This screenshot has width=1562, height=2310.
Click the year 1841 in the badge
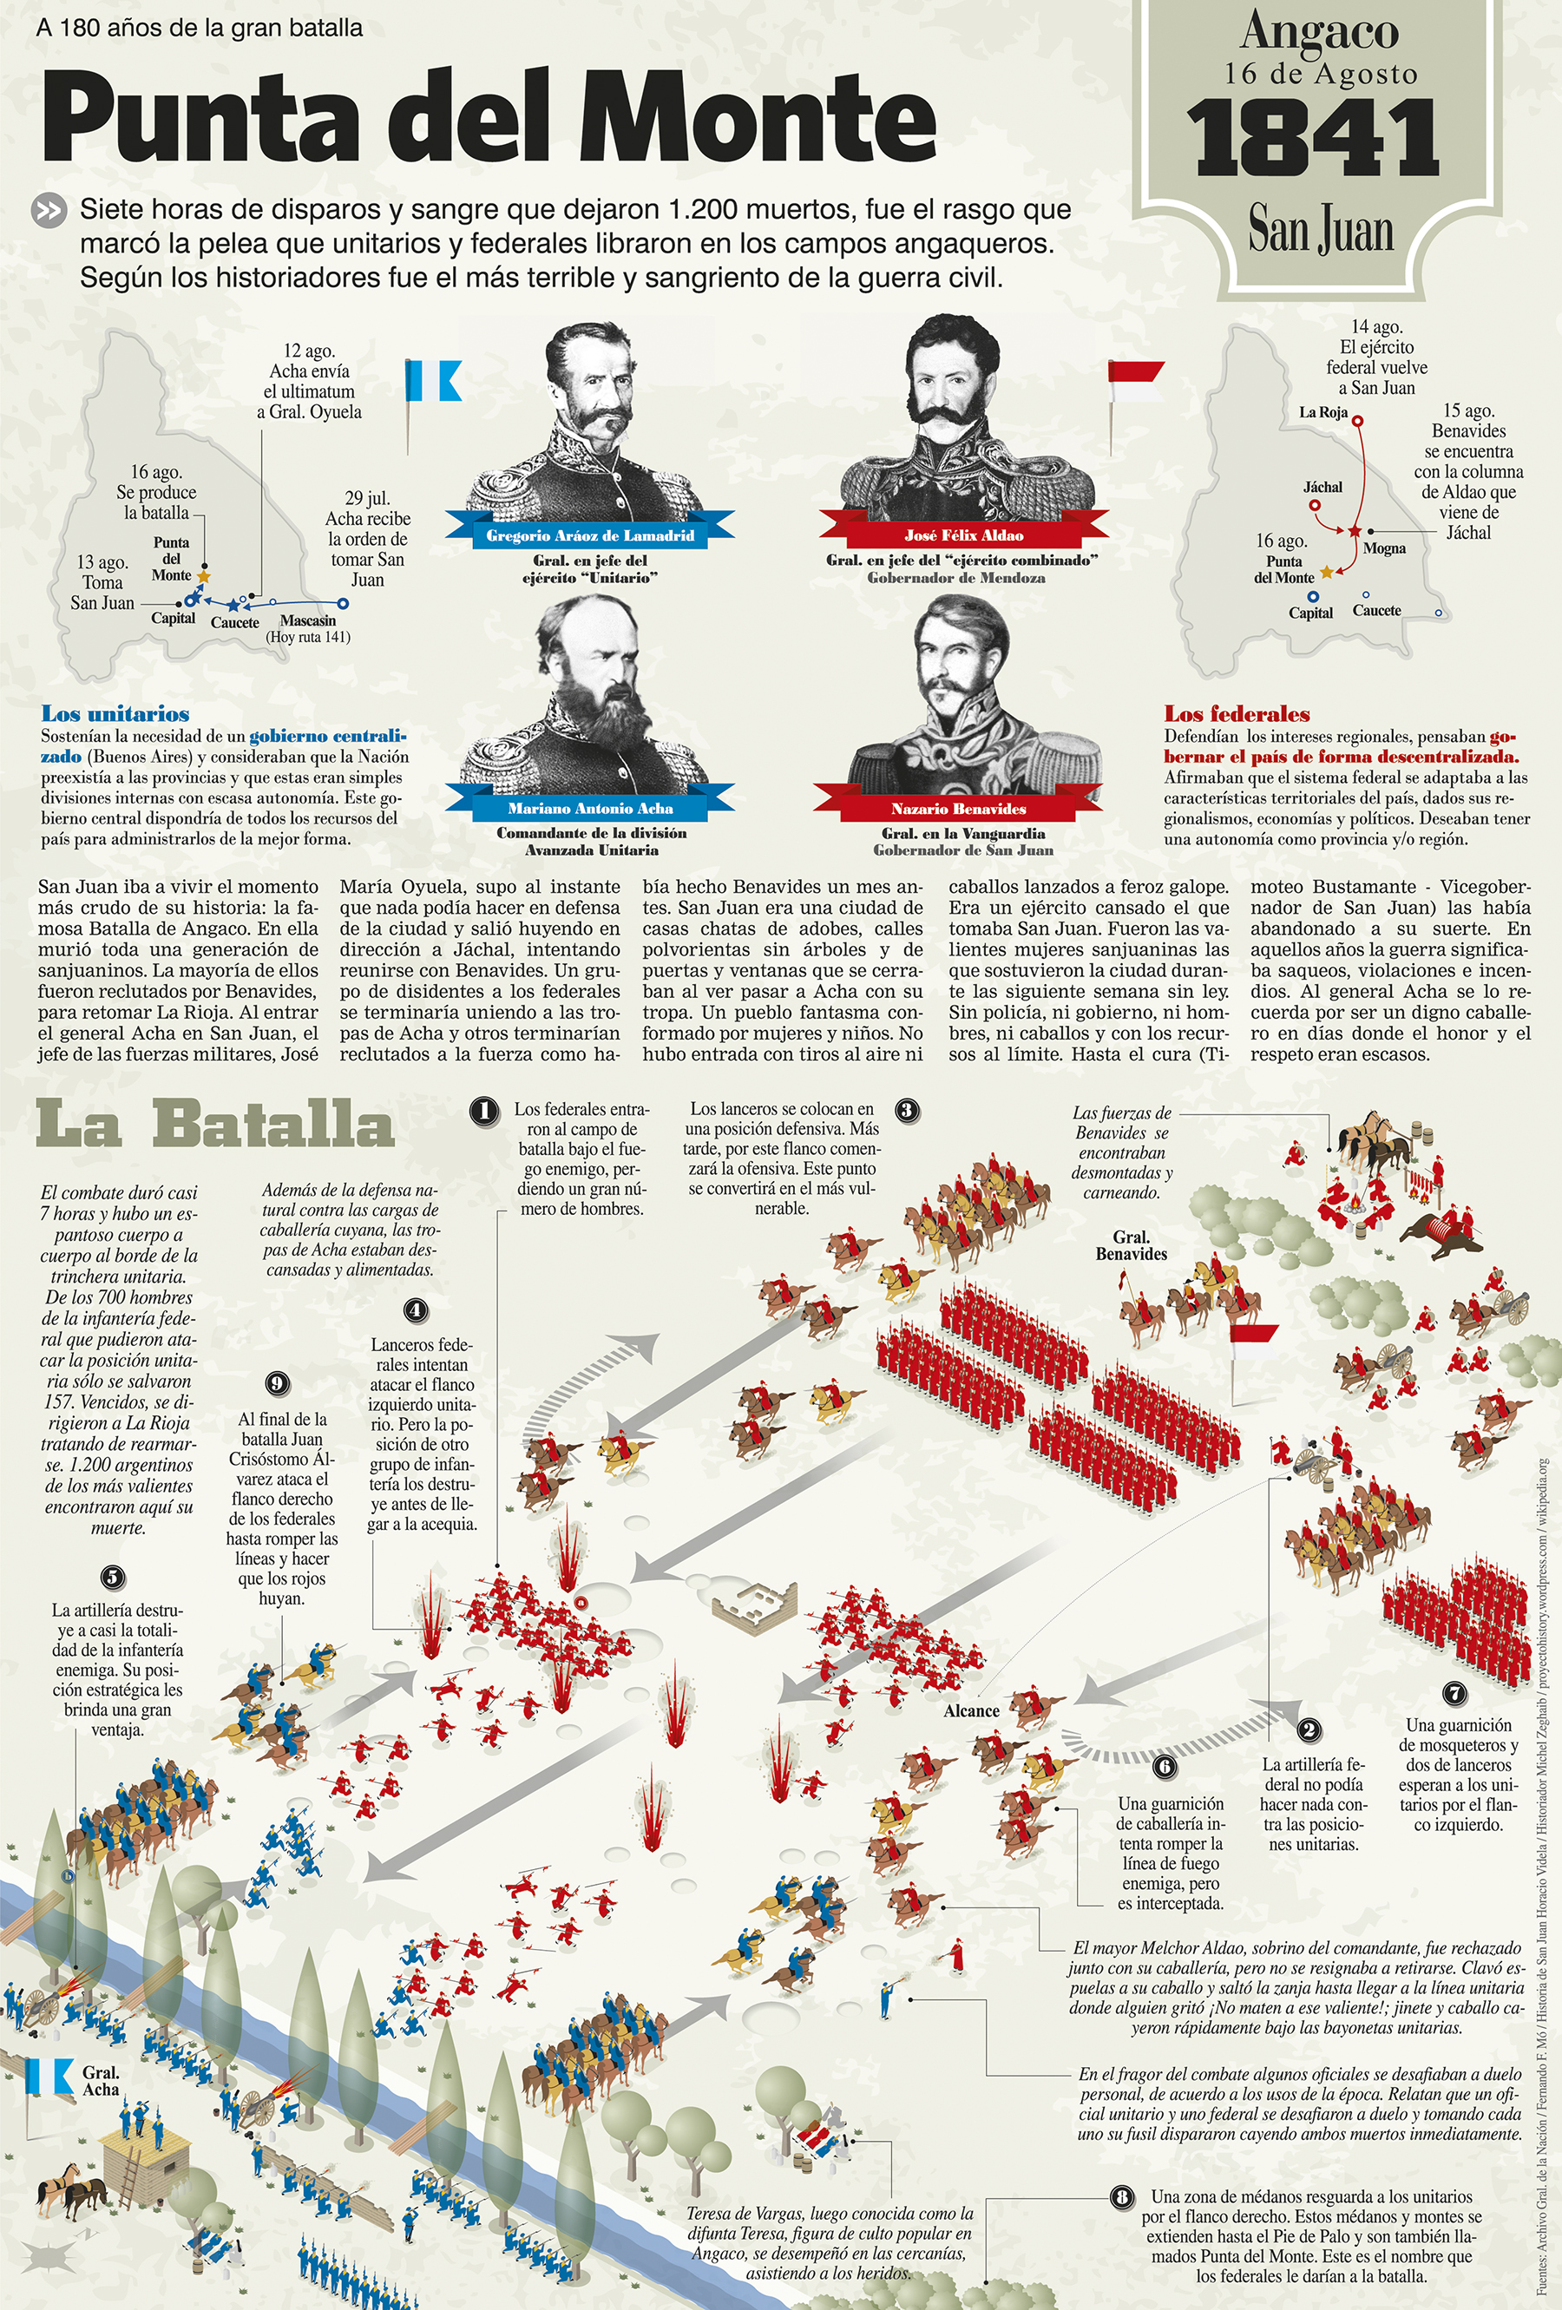tap(1312, 139)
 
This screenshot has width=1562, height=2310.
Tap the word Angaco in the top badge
tap(1319, 32)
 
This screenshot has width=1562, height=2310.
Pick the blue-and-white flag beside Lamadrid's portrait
tap(435, 381)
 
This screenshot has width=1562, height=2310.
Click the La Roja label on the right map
tap(1322, 412)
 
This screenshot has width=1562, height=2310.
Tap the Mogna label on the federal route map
tap(1384, 548)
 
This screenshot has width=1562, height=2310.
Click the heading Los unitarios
tap(115, 713)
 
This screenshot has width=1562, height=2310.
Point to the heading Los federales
tap(1237, 713)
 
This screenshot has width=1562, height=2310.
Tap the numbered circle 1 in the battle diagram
tap(484, 1110)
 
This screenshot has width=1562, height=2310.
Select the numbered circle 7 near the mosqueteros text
tap(1454, 1694)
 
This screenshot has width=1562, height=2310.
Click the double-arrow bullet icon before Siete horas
tap(49, 211)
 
